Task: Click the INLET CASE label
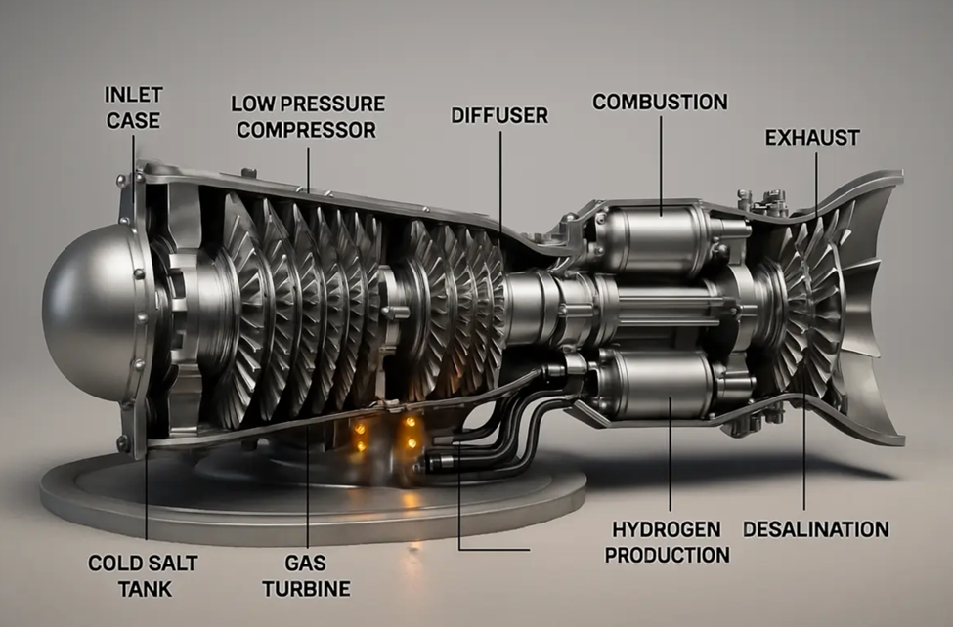pyautogui.click(x=133, y=107)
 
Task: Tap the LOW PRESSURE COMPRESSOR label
pyautogui.click(x=308, y=116)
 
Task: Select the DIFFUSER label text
pyautogui.click(x=499, y=115)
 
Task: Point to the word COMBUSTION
pyautogui.click(x=660, y=103)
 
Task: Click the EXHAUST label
pyautogui.click(x=812, y=138)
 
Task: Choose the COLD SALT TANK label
pyautogui.click(x=143, y=576)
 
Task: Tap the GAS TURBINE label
pyautogui.click(x=306, y=576)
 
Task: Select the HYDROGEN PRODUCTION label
pyautogui.click(x=667, y=542)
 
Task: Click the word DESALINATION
pyautogui.click(x=816, y=529)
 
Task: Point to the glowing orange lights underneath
pyautogui.click(x=385, y=434)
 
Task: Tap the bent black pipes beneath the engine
pyautogui.click(x=493, y=425)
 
